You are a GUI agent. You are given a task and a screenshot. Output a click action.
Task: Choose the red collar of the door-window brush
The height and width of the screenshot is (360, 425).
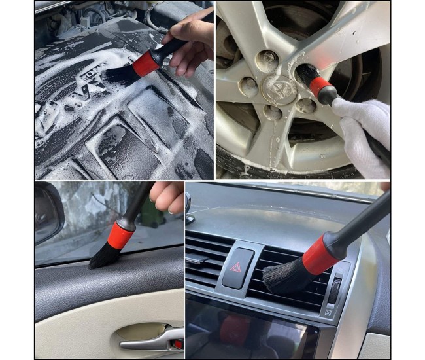coord(122,234)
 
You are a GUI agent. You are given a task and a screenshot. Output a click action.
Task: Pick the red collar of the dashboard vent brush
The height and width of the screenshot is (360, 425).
coord(321,253)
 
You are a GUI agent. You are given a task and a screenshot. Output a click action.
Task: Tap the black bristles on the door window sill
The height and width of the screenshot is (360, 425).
coord(105,257)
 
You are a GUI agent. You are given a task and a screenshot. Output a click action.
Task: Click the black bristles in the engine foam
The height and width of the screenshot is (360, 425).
coord(118,75)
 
